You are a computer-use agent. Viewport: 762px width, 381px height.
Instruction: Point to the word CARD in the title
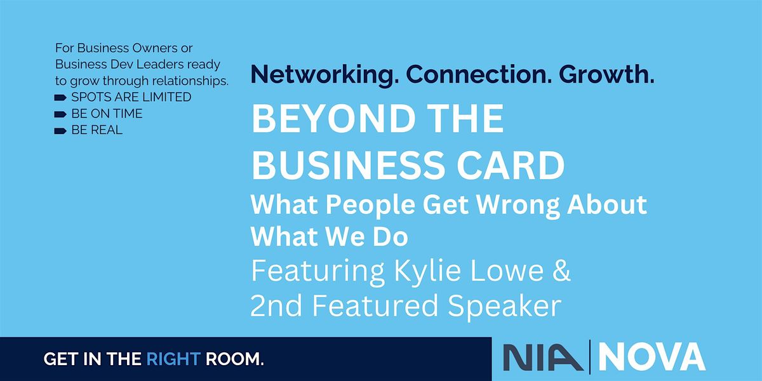511,165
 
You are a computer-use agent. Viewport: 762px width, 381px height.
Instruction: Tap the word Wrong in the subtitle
518,206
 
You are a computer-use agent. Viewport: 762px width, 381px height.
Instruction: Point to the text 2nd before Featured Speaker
276,305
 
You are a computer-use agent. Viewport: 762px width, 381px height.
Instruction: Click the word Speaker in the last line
504,307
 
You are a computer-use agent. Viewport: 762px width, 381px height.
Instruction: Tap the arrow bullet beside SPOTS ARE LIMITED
60,98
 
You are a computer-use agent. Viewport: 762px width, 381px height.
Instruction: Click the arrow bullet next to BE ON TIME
60,114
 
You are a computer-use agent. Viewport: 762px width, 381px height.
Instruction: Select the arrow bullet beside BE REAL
60,131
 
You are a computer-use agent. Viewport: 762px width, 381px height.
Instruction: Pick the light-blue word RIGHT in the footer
173,359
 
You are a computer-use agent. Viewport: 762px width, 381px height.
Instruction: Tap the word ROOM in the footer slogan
232,359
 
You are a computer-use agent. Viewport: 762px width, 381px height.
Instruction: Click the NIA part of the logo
543,357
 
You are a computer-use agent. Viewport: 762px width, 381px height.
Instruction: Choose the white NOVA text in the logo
652,357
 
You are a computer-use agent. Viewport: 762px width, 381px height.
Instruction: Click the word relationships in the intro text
190,81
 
